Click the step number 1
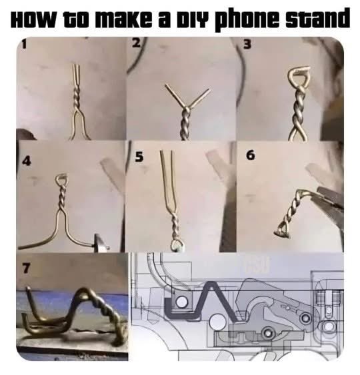coord(24,45)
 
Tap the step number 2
coord(136,43)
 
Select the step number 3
coord(248,44)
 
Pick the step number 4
coord(27,161)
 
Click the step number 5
coord(139,157)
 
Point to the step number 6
coord(250,155)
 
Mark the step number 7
coord(27,268)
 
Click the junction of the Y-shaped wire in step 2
coord(187,108)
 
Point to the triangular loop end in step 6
coord(283,230)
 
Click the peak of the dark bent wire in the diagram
coord(211,283)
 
